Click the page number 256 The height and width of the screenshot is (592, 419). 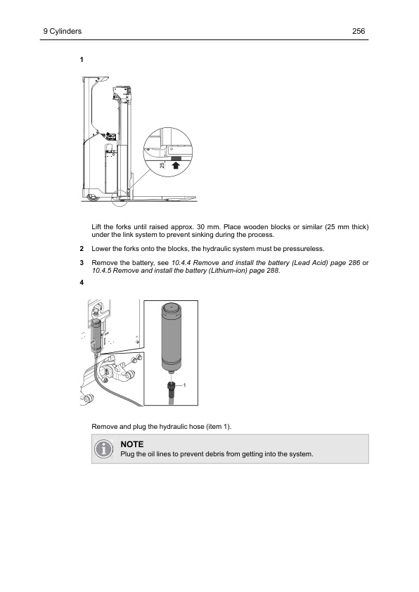point(359,31)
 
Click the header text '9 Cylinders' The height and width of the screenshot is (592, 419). point(63,31)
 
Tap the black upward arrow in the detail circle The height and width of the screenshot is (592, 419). point(176,165)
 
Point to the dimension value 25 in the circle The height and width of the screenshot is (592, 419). point(162,165)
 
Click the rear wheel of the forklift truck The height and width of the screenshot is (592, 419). point(91,197)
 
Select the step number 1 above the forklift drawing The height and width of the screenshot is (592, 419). point(82,59)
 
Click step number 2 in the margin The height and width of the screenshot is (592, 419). point(82,249)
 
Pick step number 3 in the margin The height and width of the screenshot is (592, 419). point(82,263)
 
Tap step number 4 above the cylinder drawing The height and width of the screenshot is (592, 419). point(82,283)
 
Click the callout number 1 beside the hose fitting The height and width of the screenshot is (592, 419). point(185,385)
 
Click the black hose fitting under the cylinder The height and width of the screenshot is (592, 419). point(171,387)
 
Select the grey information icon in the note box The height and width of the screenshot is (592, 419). point(103,449)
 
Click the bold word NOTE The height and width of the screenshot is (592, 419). point(132,444)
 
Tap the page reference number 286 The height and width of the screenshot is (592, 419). point(354,263)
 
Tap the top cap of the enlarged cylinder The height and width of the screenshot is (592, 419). point(171,307)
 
